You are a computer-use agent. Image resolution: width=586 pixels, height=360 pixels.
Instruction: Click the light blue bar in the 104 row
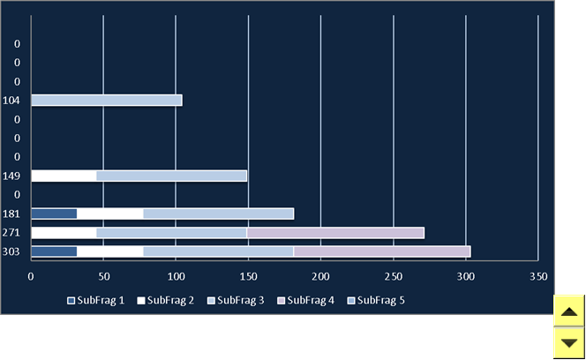[x=107, y=101]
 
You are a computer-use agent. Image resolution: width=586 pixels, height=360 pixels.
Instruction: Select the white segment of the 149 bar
[x=64, y=176]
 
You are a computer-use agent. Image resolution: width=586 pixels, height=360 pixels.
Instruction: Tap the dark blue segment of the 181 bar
[x=54, y=214]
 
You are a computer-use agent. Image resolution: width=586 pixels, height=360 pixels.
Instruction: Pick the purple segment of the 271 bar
[x=335, y=233]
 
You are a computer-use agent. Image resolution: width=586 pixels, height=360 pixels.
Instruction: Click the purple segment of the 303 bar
[x=382, y=251]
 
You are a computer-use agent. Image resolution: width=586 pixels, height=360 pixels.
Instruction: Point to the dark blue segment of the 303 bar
[x=54, y=251]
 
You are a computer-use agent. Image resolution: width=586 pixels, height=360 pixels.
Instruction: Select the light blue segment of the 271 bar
[x=171, y=233]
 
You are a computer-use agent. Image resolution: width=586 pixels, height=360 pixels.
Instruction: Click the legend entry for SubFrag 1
[x=95, y=301]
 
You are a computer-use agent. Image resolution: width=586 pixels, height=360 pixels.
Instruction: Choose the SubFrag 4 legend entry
[x=305, y=301]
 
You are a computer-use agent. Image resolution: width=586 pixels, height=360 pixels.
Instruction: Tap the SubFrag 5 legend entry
[x=376, y=301]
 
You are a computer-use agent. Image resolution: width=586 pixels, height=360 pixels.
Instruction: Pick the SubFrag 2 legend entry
[x=166, y=301]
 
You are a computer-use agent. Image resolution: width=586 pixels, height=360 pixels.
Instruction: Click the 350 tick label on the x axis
[x=538, y=277]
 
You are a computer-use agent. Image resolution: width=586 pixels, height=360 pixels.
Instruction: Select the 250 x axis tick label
[x=393, y=277]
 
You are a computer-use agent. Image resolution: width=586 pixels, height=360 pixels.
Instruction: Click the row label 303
[x=11, y=251]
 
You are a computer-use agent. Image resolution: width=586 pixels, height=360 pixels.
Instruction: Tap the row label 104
[x=11, y=101]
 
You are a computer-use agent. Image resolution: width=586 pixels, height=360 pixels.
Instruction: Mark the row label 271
[x=11, y=233]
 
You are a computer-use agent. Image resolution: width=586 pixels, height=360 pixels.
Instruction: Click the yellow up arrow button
[x=569, y=311]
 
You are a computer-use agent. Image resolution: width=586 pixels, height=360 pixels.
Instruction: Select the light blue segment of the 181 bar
[x=218, y=214]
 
